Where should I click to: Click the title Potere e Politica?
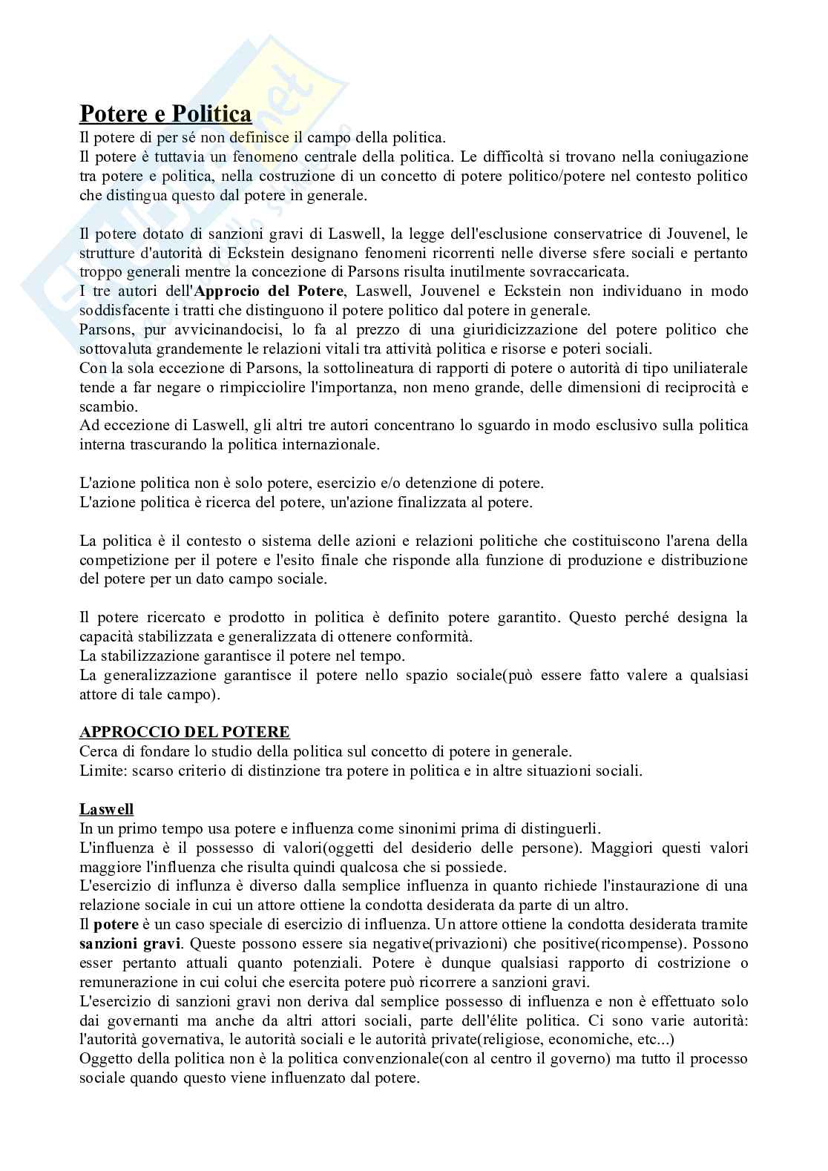165,114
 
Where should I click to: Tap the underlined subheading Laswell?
107,808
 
